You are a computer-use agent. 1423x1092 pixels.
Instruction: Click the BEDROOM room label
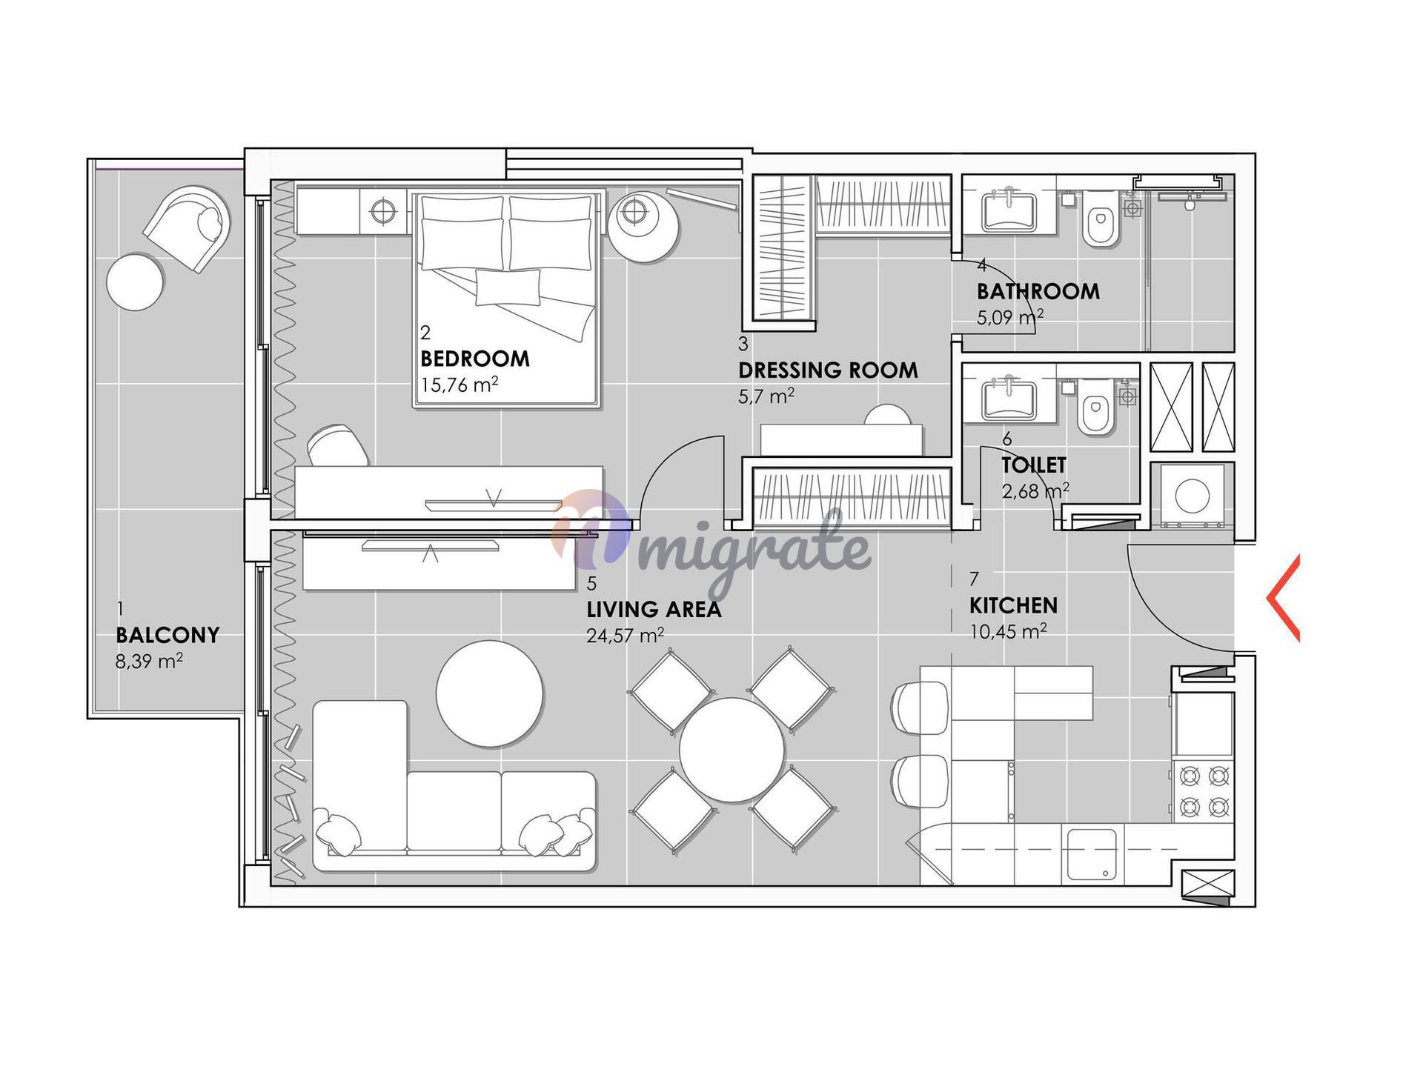click(x=475, y=359)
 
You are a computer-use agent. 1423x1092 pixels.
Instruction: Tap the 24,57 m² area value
click(x=625, y=635)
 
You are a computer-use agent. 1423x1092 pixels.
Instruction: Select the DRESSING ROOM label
click(x=828, y=370)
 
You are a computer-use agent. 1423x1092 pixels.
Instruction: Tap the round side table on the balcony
click(x=136, y=282)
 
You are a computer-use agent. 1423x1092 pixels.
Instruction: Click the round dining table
click(x=732, y=750)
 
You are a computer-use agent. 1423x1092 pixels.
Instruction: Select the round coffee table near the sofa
click(x=489, y=693)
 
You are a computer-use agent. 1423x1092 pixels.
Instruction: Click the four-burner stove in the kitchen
click(x=1204, y=790)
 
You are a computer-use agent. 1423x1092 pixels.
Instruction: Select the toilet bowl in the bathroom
click(x=1101, y=219)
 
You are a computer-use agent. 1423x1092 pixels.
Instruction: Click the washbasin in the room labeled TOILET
click(x=1009, y=400)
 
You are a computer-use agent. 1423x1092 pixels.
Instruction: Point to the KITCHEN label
click(x=1013, y=606)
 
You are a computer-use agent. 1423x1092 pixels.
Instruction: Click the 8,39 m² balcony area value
click(x=149, y=661)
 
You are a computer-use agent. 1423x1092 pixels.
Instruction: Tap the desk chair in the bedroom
click(x=339, y=445)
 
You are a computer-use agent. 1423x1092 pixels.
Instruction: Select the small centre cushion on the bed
click(x=508, y=287)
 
